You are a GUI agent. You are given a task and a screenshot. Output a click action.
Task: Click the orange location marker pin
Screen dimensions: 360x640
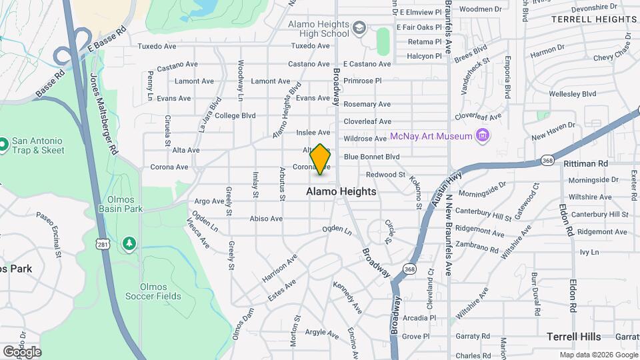[x=321, y=159]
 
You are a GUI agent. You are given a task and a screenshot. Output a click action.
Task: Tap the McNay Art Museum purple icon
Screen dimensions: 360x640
[x=483, y=137]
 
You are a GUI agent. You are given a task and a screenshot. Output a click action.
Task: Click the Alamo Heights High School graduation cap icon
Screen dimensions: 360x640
[x=359, y=28]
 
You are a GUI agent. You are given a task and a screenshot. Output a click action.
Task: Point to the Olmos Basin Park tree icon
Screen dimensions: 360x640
[x=128, y=245]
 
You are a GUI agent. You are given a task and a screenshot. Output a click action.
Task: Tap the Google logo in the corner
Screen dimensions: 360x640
[x=21, y=351]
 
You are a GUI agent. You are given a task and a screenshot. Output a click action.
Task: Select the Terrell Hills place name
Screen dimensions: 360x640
[x=573, y=337]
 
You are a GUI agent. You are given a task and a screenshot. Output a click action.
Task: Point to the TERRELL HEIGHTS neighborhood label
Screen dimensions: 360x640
[x=594, y=19]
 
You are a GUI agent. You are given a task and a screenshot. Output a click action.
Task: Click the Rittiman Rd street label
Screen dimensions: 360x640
[x=585, y=163]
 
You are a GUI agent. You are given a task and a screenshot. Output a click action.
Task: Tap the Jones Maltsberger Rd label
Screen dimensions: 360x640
[x=103, y=115]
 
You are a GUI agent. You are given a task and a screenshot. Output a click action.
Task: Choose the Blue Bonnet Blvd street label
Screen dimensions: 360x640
[x=371, y=157]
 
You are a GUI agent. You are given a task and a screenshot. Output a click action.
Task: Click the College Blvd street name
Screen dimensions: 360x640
[x=235, y=115]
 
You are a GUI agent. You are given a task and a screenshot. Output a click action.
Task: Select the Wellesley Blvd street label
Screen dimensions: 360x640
[x=573, y=94]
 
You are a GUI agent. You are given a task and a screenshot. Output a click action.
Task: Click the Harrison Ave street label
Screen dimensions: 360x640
[x=279, y=267]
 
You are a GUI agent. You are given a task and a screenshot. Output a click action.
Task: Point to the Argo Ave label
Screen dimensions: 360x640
[x=209, y=201]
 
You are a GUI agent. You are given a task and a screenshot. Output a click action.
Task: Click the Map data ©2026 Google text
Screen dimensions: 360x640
[x=598, y=355]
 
